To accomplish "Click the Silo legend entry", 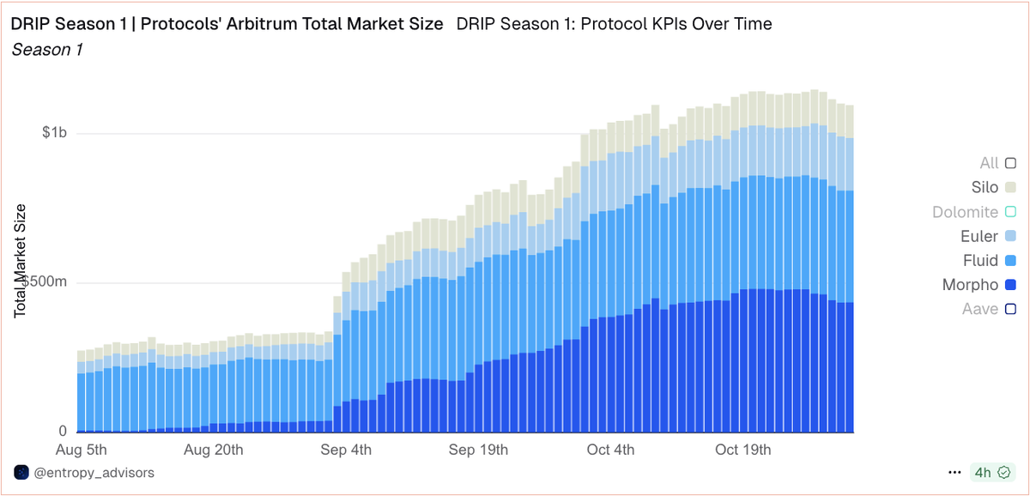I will (x=978, y=187).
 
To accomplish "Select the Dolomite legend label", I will (x=965, y=212).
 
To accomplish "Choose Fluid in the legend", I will (x=980, y=260).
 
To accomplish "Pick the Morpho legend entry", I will (x=971, y=285).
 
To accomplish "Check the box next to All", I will (x=1010, y=163).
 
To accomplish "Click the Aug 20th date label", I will (x=214, y=450).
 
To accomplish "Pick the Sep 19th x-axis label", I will (x=479, y=450).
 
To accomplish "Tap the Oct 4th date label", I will (x=611, y=450).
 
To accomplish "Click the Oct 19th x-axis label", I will (x=742, y=450).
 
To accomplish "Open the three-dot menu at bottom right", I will (x=954, y=473).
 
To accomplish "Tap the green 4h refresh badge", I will (x=991, y=473).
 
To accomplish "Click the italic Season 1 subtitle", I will (x=47, y=50).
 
